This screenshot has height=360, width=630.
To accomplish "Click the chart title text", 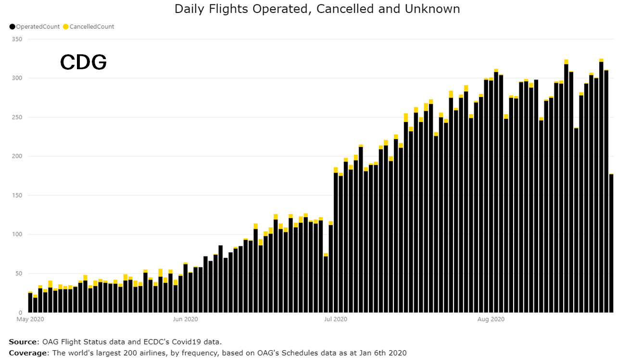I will coord(317,9).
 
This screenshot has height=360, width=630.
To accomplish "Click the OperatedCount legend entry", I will coord(38,27).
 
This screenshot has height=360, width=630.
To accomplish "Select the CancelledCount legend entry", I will coord(92,27).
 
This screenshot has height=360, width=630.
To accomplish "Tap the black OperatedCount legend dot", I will coord(12,27).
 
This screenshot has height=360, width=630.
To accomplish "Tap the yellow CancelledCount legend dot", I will coord(66,27).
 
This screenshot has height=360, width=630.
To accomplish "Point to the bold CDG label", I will coord(83,62).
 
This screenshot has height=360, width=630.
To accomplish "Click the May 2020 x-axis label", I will coord(30,319).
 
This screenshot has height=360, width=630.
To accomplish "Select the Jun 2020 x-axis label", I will coord(185,319).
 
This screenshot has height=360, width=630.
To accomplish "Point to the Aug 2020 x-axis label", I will coord(491,319).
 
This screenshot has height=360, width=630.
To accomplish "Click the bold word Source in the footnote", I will coord(22,342).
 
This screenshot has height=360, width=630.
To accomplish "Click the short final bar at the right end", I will coord(611,243).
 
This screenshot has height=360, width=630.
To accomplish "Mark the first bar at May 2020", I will coord(30,302).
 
